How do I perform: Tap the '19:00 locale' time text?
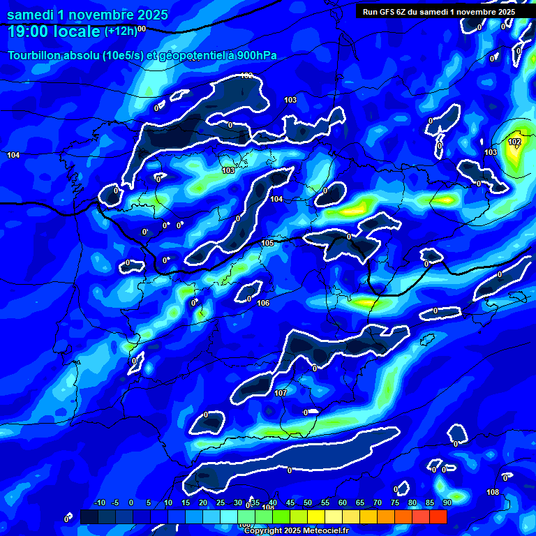pyautogui.click(x=54, y=31)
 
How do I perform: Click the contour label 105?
pyautogui.click(x=268, y=243)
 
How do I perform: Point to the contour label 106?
pyautogui.click(x=263, y=303)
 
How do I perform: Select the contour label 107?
pyautogui.click(x=281, y=393)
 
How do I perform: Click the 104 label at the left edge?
pyautogui.click(x=13, y=155)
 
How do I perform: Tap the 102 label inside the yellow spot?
pyautogui.click(x=514, y=142)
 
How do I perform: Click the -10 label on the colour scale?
pyautogui.click(x=99, y=502)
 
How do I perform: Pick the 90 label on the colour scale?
pyautogui.click(x=447, y=502)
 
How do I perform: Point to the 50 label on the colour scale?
pyautogui.click(x=308, y=502)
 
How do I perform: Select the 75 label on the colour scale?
pyautogui.click(x=395, y=502)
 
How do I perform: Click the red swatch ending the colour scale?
pyautogui.click(x=438, y=516)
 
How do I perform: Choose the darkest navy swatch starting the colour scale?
pyautogui.click(x=89, y=516)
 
